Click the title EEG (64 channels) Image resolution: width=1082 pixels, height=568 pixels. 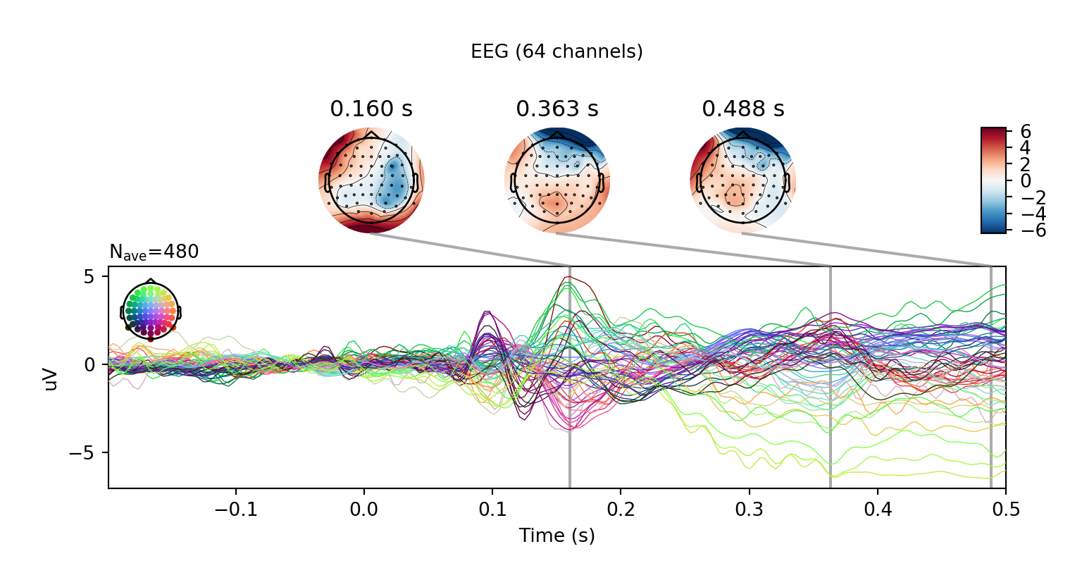[x=556, y=51]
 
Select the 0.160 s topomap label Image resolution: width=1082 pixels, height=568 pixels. [x=371, y=109]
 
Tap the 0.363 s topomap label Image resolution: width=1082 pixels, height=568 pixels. [x=557, y=109]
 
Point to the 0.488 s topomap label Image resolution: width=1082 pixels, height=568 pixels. [x=743, y=109]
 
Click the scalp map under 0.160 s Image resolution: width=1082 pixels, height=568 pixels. [x=371, y=180]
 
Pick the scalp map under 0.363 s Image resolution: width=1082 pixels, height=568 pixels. [x=557, y=180]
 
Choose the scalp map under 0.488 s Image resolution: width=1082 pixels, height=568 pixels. [x=743, y=180]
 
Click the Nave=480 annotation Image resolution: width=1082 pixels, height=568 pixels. [x=154, y=252]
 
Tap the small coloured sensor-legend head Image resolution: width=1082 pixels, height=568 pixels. [x=151, y=310]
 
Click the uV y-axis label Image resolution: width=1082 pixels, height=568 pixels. [x=50, y=378]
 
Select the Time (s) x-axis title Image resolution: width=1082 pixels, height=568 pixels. [x=556, y=536]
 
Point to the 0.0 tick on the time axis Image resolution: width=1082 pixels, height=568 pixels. [x=363, y=510]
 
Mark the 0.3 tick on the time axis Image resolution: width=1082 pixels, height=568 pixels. [x=749, y=510]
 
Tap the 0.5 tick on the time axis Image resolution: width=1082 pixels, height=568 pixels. [x=1005, y=510]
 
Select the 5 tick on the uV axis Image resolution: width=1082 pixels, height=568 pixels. [x=89, y=276]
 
